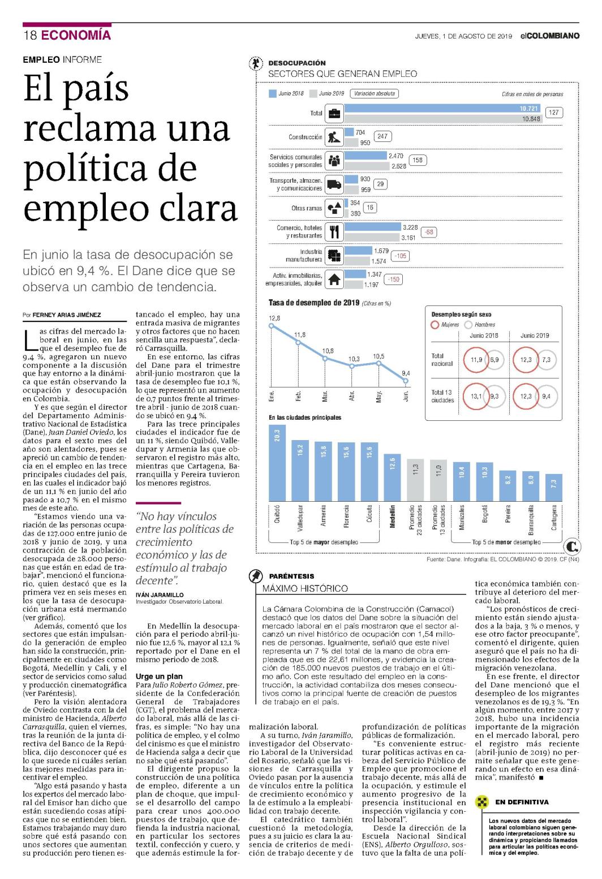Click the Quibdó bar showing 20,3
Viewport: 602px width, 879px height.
click(x=277, y=463)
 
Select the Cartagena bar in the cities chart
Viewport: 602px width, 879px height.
click(x=554, y=488)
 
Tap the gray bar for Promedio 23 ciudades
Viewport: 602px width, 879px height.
click(x=415, y=480)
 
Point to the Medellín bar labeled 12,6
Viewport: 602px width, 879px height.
click(x=392, y=477)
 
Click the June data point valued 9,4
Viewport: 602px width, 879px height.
click(x=406, y=381)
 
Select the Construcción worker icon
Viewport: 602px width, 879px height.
click(x=334, y=137)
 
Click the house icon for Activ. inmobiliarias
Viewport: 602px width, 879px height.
click(x=334, y=279)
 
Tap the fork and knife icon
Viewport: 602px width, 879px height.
click(x=334, y=232)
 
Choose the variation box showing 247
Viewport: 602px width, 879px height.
click(x=382, y=136)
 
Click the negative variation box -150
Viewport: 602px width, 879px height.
click(x=394, y=279)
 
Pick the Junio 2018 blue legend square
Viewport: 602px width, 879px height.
click(x=272, y=94)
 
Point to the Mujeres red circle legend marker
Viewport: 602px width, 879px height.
click(x=435, y=325)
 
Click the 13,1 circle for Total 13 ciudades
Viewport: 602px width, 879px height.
click(x=476, y=397)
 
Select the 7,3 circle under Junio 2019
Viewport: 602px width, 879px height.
click(x=547, y=360)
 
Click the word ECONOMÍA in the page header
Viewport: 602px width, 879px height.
click(x=76, y=35)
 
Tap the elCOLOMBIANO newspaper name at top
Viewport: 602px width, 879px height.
click(x=550, y=36)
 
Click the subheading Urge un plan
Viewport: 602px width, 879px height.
click(x=159, y=676)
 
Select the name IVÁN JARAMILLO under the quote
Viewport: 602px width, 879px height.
click(x=160, y=594)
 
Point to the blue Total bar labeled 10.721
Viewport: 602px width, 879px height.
click(x=442, y=108)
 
